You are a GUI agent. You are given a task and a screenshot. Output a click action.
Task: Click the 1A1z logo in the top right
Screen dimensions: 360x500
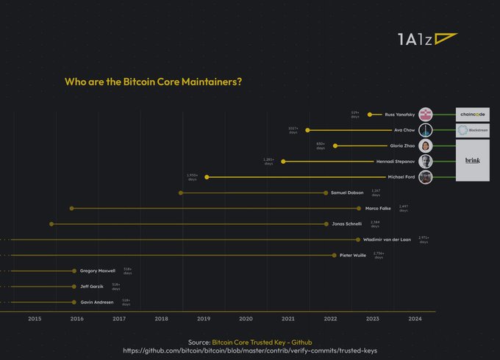click(x=426, y=40)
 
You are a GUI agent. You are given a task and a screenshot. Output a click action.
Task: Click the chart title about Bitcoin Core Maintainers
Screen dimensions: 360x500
click(x=154, y=82)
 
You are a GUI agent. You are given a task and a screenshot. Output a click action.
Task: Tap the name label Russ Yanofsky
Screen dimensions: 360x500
click(x=400, y=115)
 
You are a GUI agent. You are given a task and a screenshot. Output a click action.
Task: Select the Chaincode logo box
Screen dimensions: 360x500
click(x=472, y=115)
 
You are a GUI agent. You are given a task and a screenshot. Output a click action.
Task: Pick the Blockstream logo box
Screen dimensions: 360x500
click(x=472, y=130)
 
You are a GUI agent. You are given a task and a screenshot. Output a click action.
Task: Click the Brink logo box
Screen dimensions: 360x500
click(x=472, y=161)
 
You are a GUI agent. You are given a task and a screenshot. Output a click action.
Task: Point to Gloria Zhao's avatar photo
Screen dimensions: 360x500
click(x=426, y=145)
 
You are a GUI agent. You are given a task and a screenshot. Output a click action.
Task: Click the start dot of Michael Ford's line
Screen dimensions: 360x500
click(x=207, y=177)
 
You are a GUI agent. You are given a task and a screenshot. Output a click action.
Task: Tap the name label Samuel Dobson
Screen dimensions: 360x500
click(x=348, y=192)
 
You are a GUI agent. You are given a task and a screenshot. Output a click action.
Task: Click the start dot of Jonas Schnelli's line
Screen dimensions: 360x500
click(x=51, y=223)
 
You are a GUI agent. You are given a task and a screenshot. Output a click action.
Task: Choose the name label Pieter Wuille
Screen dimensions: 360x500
click(x=353, y=255)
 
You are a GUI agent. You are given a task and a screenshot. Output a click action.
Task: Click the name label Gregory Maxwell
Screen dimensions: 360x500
click(x=98, y=270)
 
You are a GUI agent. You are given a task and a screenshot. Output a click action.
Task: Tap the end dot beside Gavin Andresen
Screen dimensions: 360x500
click(x=74, y=302)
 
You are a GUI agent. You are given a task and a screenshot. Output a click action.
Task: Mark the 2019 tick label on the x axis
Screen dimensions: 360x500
click(x=204, y=319)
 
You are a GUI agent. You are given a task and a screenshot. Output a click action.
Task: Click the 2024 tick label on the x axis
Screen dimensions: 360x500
click(x=415, y=319)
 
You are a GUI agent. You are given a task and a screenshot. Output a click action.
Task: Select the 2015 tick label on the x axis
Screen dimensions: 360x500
click(x=35, y=319)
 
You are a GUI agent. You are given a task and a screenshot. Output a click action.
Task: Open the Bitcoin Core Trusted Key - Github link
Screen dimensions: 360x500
click(x=262, y=342)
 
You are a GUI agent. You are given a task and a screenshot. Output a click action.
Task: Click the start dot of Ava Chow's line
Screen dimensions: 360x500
click(x=307, y=130)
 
